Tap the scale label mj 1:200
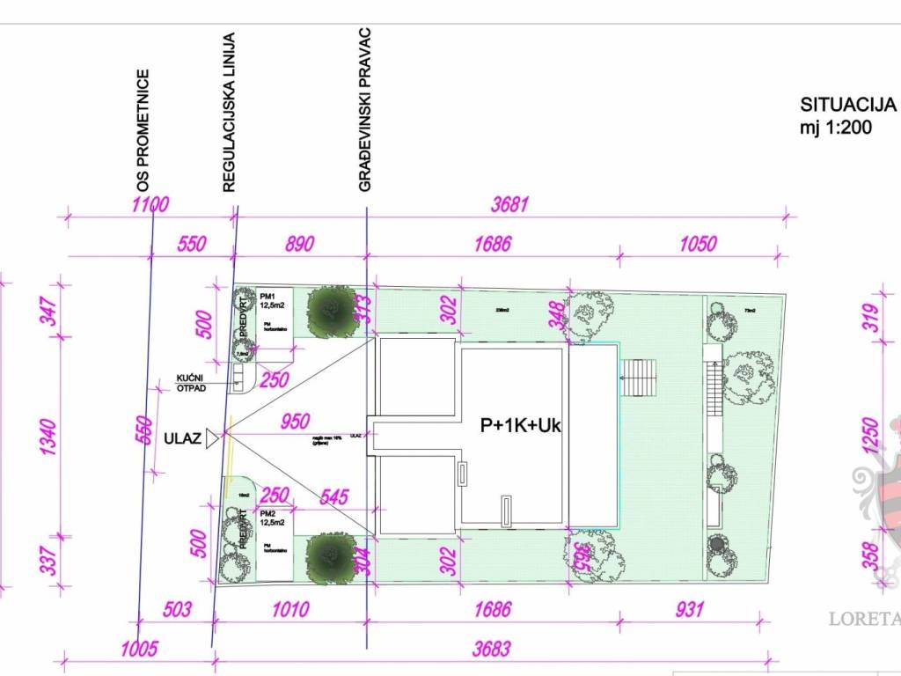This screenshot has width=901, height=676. click(x=836, y=127)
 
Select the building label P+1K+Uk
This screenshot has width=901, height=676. click(x=520, y=426)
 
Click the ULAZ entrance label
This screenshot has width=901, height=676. click(x=182, y=437)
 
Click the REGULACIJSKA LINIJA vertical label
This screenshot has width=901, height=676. click(x=228, y=113)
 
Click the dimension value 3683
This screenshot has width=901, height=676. click(x=491, y=650)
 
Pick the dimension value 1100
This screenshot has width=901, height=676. click(x=149, y=206)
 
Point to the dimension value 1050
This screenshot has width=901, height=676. click(x=698, y=244)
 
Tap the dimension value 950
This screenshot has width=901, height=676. click(x=294, y=422)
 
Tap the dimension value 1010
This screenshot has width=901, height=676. click(x=290, y=609)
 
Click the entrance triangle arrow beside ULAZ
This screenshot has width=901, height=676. click(x=212, y=437)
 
